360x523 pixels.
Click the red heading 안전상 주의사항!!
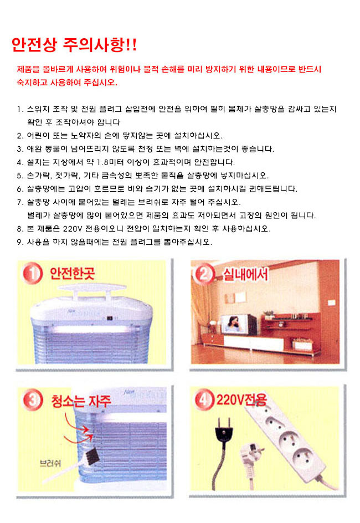coord(74,45)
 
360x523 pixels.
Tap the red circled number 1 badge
coord(33,273)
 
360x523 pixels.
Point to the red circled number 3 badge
coord(33,399)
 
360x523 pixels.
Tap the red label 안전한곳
coord(73,274)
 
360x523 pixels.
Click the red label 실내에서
coord(245,274)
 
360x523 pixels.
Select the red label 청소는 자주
coord(81,401)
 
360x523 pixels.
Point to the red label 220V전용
coord(241,399)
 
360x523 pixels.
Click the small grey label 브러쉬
coord(50,463)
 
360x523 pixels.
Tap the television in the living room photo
coord(239,324)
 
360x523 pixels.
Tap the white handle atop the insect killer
coord(92,289)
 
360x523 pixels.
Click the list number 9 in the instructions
coord(20,242)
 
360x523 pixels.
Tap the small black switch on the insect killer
coord(109,318)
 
